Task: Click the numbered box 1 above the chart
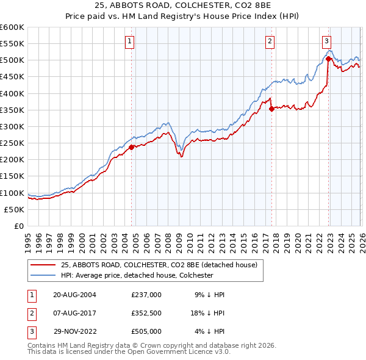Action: [131, 41]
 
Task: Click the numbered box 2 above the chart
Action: [270, 41]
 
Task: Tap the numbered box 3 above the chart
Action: [326, 41]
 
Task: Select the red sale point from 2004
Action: [131, 146]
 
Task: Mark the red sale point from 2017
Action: [271, 109]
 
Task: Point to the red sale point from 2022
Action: [328, 59]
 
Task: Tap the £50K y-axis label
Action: [15, 209]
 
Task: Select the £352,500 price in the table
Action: [146, 313]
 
